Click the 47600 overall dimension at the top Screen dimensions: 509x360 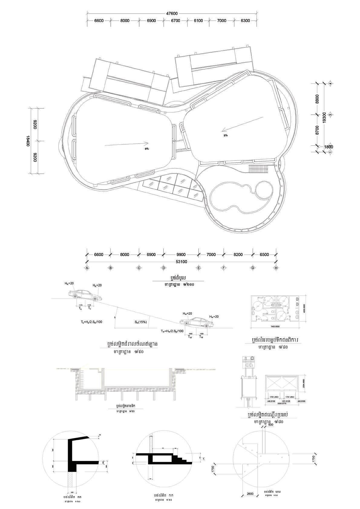(x=172, y=13)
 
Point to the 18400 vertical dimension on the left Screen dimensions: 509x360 (x=28, y=141)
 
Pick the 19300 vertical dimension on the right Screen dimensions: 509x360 (x=324, y=118)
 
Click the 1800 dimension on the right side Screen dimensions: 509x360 (x=328, y=147)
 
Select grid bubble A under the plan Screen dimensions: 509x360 (x=87, y=268)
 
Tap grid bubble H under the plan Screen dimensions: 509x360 (x=276, y=268)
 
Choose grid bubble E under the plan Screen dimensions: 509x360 (x=198, y=268)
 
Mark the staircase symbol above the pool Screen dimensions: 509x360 (x=259, y=169)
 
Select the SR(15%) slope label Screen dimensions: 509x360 (x=141, y=322)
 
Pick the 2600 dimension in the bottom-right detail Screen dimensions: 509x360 (x=250, y=494)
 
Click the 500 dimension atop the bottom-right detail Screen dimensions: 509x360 (x=270, y=425)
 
